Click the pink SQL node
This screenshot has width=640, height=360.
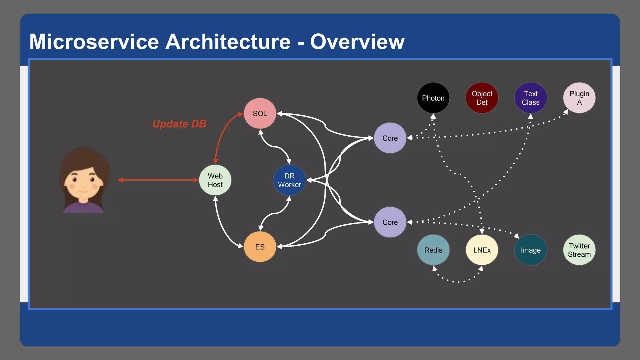click(x=260, y=113)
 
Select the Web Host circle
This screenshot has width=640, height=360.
click(x=215, y=180)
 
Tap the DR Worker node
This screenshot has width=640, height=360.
click(x=289, y=180)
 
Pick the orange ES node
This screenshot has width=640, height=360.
click(x=260, y=247)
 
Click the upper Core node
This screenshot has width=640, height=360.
click(x=390, y=138)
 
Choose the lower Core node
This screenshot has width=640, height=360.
click(x=390, y=222)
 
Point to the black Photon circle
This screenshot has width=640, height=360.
click(x=433, y=98)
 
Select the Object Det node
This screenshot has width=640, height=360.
click(x=482, y=98)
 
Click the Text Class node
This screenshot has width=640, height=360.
click(x=530, y=98)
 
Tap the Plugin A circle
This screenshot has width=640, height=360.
click(x=579, y=98)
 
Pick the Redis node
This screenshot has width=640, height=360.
click(x=433, y=250)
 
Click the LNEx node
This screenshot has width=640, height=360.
click(x=482, y=250)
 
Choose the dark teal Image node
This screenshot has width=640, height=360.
click(x=530, y=250)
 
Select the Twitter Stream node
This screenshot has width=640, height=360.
click(x=579, y=250)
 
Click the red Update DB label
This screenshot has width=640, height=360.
click(x=179, y=124)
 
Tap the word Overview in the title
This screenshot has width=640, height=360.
click(x=357, y=42)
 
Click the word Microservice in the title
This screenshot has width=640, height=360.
click(x=94, y=42)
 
